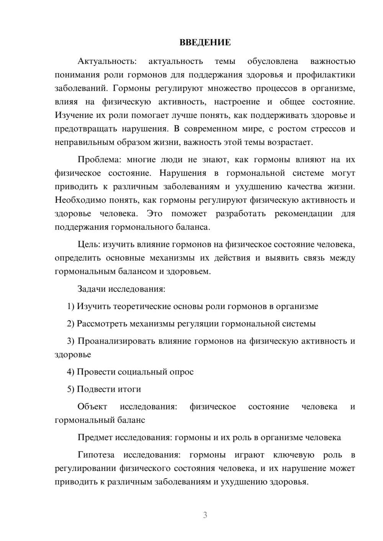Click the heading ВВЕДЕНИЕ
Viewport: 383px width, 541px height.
[205, 42]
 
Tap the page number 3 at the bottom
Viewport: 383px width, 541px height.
[205, 515]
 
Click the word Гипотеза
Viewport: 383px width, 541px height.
[96, 455]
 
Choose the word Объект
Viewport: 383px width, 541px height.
[92, 407]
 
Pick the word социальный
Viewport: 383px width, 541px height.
[143, 372]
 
